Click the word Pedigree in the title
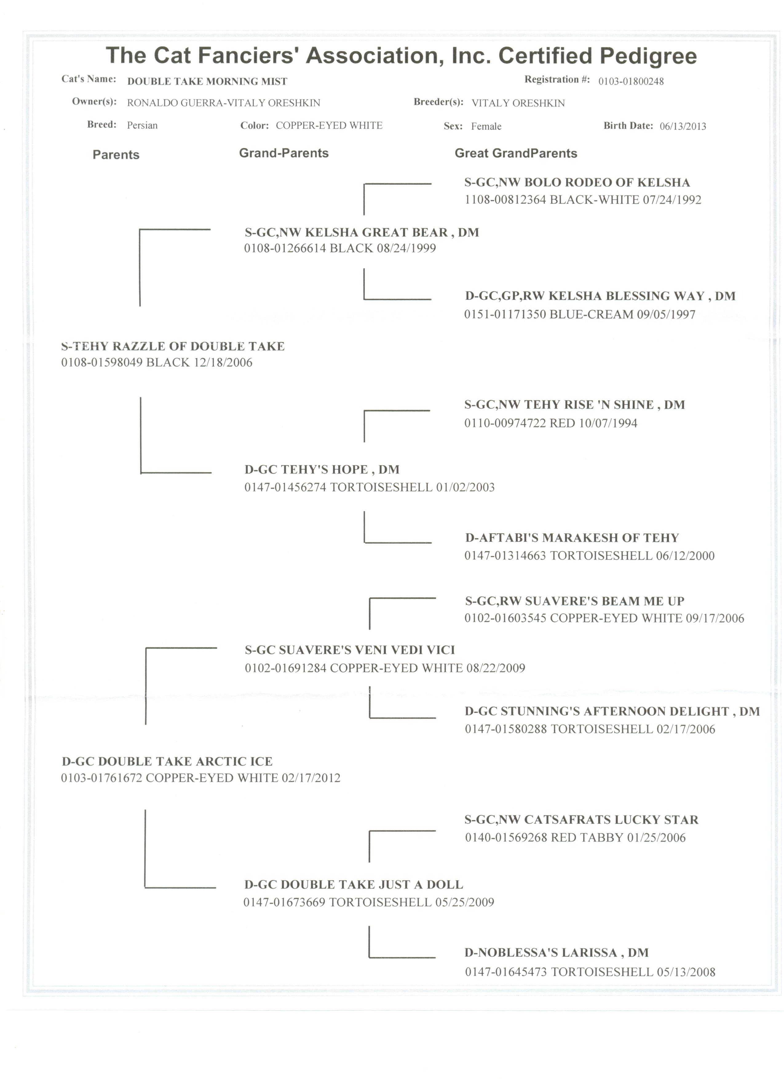648,56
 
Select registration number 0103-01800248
631,81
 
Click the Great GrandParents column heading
516,153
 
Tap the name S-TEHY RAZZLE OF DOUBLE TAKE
173,346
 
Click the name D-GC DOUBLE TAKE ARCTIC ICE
167,761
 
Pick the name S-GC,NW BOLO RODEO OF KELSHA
576,183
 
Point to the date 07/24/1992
672,200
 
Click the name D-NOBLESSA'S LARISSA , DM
556,952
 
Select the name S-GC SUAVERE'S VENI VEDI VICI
350,650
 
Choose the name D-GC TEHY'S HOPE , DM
322,470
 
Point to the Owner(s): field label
94,102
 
